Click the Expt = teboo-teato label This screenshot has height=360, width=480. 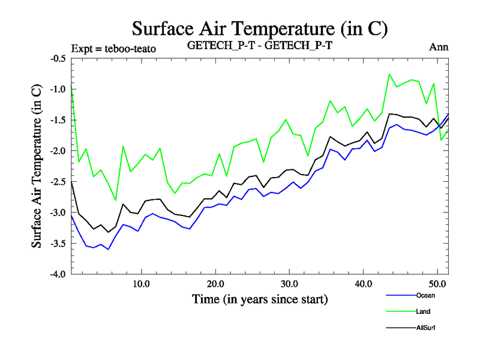[x=113, y=49]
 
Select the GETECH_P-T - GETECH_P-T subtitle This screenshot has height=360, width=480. [x=260, y=46]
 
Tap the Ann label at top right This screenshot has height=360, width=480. [x=439, y=46]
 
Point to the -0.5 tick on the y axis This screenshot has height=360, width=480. [x=58, y=59]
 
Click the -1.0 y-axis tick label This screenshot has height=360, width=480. [x=58, y=89]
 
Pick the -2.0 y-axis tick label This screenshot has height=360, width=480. [x=58, y=151]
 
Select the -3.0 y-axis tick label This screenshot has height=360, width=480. [x=58, y=213]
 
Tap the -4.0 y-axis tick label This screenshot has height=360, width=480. [x=58, y=274]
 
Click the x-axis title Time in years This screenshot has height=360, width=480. [x=260, y=298]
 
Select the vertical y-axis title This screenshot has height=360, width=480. [x=37, y=166]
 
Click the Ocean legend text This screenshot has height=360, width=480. [x=425, y=295]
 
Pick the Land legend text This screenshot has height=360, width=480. [x=423, y=311]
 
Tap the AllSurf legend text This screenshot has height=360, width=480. [x=425, y=328]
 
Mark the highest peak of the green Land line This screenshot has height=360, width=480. [x=389, y=74]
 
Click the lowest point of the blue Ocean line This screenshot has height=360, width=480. [x=108, y=249]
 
